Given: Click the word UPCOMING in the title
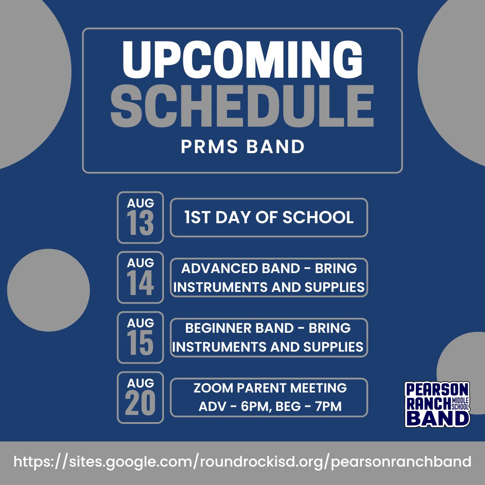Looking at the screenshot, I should [x=242, y=60].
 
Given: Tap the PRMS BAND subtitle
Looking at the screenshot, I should [x=242, y=147].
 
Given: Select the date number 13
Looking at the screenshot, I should [x=140, y=224].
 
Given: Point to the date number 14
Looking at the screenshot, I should [x=140, y=284].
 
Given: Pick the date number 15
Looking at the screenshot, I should [x=140, y=344].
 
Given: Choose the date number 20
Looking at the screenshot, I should [x=140, y=403].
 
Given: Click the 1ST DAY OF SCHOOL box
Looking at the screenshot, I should [x=269, y=217].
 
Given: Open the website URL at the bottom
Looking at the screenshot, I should [x=242, y=462].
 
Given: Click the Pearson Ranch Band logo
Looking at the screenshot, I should [x=437, y=404].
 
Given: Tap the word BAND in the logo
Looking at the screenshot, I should [x=437, y=418].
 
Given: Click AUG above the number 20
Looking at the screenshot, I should [x=140, y=383].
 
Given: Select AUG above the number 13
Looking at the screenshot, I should [x=140, y=203].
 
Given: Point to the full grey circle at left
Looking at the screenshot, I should [x=48, y=290].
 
